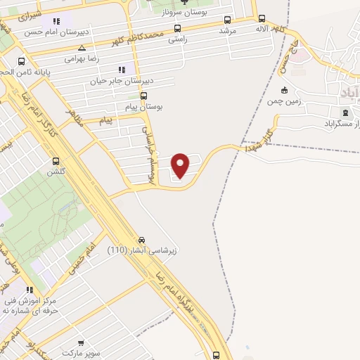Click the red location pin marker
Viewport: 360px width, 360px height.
[x=181, y=165]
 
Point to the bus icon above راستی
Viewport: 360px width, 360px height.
[x=176, y=29]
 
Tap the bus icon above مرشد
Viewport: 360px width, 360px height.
[x=227, y=20]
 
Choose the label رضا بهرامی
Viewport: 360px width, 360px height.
[x=82, y=58]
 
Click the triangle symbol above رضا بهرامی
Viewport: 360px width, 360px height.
[x=82, y=48]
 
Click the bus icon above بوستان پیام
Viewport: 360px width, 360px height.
[x=144, y=96]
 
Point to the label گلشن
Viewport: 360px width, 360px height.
[x=56, y=172]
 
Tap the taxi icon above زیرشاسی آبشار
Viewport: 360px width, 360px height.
[x=143, y=239]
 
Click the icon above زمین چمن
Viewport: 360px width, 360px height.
[x=284, y=90]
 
